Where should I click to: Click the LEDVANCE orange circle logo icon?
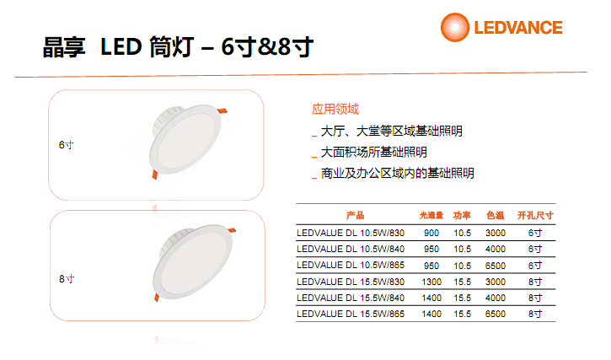pos(455,27)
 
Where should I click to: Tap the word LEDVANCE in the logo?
pos(517,28)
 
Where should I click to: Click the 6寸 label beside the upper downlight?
pos(67,145)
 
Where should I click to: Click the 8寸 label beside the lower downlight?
pos(67,279)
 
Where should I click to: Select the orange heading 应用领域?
pos(335,110)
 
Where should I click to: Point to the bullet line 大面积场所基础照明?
pos(373,152)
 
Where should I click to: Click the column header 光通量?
pos(431,215)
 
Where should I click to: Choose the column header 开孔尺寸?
pos(535,215)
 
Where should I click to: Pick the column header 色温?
pos(496,215)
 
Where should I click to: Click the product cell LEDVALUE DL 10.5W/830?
pos(351,233)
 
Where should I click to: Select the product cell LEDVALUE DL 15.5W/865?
pos(351,314)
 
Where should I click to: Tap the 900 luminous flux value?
pos(431,233)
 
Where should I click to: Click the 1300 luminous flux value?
pos(431,282)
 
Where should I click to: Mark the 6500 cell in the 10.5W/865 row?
pos(496,266)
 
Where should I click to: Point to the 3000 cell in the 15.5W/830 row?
pos(496,282)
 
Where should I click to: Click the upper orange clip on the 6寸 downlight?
pos(222,110)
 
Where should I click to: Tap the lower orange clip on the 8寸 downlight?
pos(157,298)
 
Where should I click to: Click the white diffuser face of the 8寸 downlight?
pos(192,263)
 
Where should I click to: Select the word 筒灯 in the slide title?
pos(171,47)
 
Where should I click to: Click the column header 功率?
pos(462,215)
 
